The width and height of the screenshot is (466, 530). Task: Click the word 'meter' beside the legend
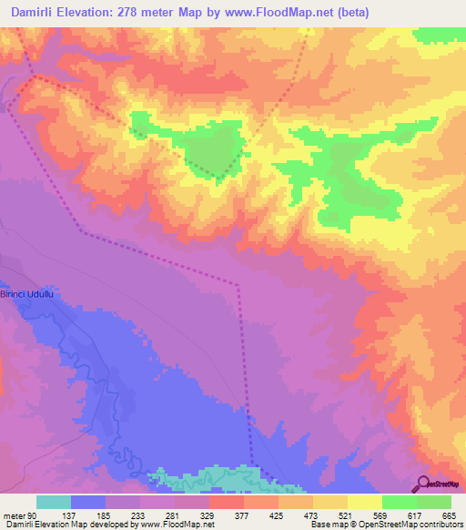[13, 515]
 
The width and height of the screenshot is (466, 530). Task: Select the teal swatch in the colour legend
[54, 502]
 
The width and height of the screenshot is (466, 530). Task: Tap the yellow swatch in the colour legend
[365, 502]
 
